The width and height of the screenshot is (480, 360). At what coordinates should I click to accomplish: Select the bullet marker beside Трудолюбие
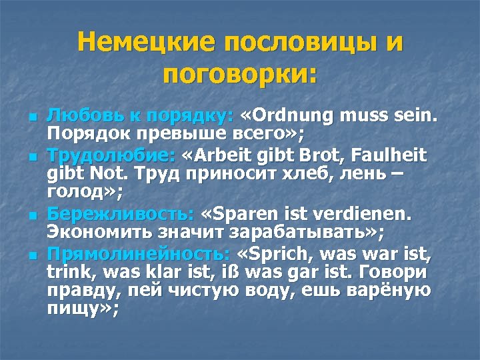(x=31, y=157)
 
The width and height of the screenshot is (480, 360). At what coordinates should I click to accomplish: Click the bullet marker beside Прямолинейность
(x=31, y=255)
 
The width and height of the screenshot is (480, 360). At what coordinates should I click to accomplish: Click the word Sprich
(x=273, y=255)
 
